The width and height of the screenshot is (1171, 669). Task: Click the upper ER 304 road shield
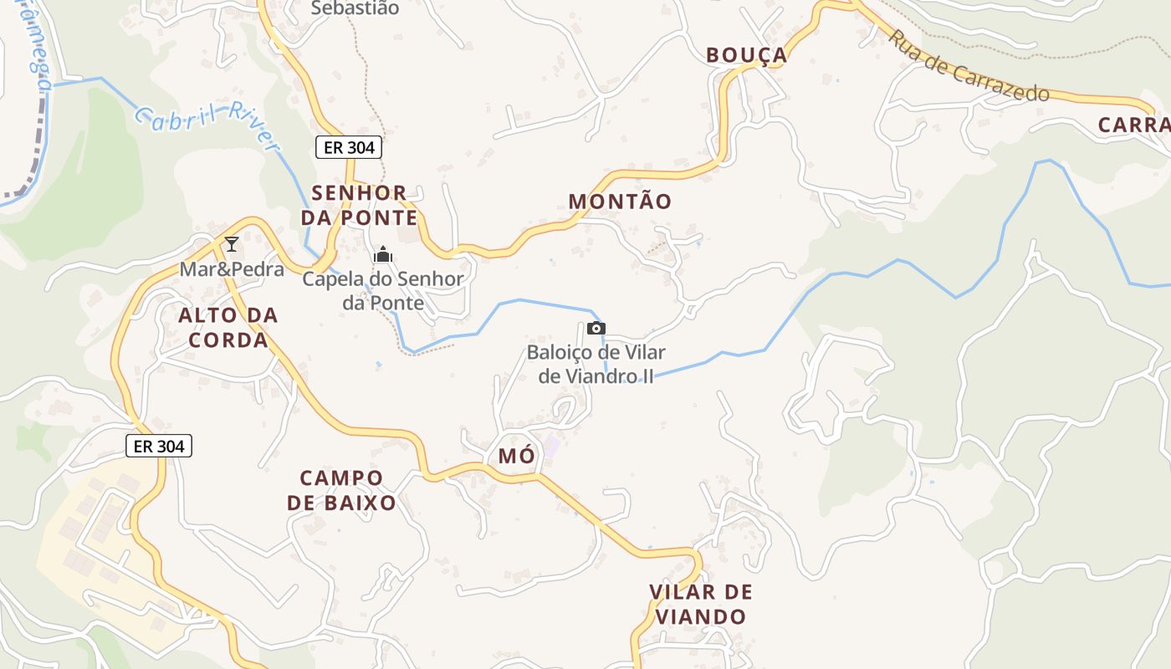(x=349, y=147)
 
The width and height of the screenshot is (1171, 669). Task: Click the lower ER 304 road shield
(x=159, y=446)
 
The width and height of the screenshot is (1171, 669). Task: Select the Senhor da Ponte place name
(x=364, y=206)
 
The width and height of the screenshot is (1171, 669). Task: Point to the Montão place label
(x=620, y=202)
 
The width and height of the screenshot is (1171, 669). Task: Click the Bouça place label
(x=746, y=55)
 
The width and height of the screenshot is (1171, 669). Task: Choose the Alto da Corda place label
(x=228, y=327)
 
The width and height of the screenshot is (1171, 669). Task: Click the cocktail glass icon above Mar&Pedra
(x=232, y=244)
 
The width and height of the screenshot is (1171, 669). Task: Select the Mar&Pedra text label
(x=232, y=269)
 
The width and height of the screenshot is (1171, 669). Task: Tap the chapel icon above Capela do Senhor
(x=383, y=254)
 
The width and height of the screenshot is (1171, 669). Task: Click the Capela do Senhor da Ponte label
(x=383, y=290)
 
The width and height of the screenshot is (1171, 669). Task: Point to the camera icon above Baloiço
(x=596, y=328)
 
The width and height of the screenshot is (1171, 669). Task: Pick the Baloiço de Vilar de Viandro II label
(x=596, y=365)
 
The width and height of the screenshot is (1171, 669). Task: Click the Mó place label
(x=515, y=456)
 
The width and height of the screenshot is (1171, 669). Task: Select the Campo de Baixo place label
(x=341, y=490)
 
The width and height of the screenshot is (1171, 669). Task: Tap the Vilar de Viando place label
(x=701, y=605)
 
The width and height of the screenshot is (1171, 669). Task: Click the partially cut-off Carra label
(x=1133, y=125)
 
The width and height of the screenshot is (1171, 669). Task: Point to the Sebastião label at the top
(x=355, y=8)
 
